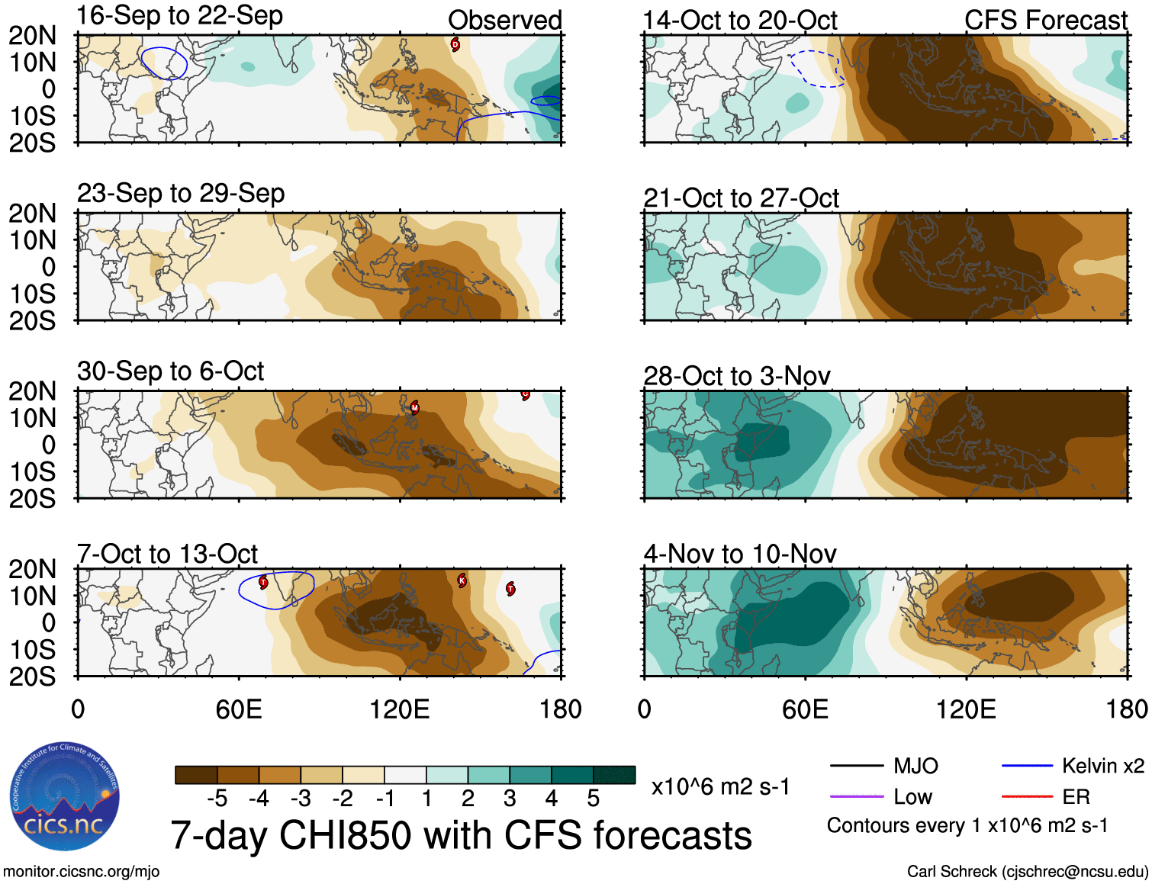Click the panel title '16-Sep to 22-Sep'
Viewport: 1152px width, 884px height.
point(180,16)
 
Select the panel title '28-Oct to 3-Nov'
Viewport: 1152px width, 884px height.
point(736,376)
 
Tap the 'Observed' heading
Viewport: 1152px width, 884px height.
point(504,21)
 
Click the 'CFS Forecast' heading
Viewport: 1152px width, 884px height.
point(1045,21)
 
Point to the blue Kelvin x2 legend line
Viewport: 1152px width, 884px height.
point(1027,766)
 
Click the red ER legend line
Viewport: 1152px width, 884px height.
point(1027,797)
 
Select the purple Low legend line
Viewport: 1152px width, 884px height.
point(856,797)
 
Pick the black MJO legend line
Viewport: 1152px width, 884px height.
point(856,766)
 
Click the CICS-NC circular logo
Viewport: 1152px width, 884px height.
point(65,797)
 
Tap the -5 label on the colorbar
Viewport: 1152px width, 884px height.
point(217,799)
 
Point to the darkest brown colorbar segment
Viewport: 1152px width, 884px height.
point(196,775)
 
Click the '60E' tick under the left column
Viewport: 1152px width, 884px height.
point(239,709)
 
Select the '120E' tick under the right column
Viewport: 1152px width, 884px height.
point(966,709)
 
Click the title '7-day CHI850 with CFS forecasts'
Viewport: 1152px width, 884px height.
point(461,835)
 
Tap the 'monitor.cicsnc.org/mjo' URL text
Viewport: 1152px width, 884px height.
point(82,871)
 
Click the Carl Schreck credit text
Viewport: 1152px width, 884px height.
point(1027,871)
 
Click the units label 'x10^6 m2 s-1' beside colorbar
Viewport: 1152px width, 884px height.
point(720,786)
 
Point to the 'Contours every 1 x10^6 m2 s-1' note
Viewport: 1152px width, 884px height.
point(967,826)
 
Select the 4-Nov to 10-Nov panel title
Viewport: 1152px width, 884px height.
point(740,554)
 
